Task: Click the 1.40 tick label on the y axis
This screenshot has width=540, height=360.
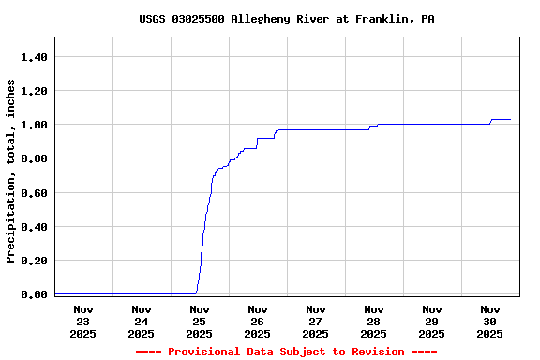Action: click(34, 57)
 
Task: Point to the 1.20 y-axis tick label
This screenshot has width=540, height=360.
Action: click(34, 91)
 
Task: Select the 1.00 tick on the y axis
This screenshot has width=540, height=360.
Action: click(34, 125)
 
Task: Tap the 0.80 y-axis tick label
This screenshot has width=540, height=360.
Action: click(34, 158)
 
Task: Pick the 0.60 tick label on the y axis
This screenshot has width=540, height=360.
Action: click(34, 193)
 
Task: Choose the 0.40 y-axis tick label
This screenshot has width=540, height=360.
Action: click(34, 227)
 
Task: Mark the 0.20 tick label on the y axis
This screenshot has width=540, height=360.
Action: click(34, 261)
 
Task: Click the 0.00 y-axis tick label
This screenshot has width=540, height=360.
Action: click(34, 294)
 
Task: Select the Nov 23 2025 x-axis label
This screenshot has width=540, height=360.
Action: click(83, 322)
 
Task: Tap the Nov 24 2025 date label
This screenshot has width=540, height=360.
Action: click(142, 322)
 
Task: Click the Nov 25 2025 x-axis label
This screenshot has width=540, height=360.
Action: click(200, 322)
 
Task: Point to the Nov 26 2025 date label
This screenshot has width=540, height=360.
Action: click(258, 322)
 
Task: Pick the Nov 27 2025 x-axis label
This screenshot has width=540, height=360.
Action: click(316, 322)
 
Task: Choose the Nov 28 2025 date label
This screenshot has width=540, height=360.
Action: click(374, 322)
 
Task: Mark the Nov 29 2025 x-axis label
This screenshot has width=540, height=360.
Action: click(432, 322)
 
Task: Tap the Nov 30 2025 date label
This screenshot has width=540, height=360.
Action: click(490, 322)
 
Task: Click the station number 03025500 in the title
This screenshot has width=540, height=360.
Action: click(198, 19)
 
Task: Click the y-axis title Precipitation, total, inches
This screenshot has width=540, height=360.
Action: click(11, 171)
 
